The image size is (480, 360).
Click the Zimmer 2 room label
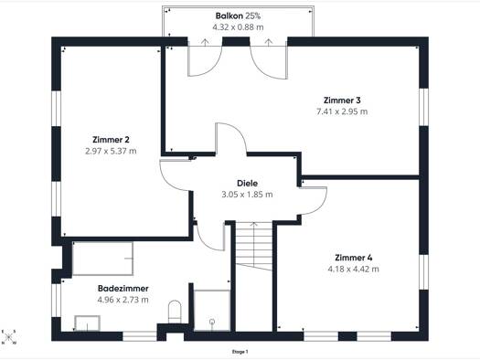coord(111,140)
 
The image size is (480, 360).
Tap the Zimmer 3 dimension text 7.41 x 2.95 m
coord(342,111)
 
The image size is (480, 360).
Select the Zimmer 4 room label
coord(354,258)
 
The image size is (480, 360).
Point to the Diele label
coord(248,184)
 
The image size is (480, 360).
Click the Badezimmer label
coord(123,289)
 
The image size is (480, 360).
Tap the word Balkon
coord(229,16)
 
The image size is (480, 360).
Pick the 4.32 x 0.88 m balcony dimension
coord(238,27)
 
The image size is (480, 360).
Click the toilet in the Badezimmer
coord(175,312)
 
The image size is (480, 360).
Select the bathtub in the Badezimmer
coord(102,259)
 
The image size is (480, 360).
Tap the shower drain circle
coord(212,322)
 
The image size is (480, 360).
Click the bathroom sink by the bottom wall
coord(87,323)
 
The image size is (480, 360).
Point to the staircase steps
coord(254,246)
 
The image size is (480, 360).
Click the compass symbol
coord(9,337)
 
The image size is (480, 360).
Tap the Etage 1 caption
coord(240,352)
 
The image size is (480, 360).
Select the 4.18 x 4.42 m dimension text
coord(353,270)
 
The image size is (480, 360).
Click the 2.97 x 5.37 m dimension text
coord(111,151)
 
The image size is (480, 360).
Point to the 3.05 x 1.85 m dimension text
coord(247,195)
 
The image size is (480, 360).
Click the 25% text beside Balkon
coord(253,16)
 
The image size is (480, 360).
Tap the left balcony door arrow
coord(205,42)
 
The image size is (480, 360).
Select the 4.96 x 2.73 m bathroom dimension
coord(123,300)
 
